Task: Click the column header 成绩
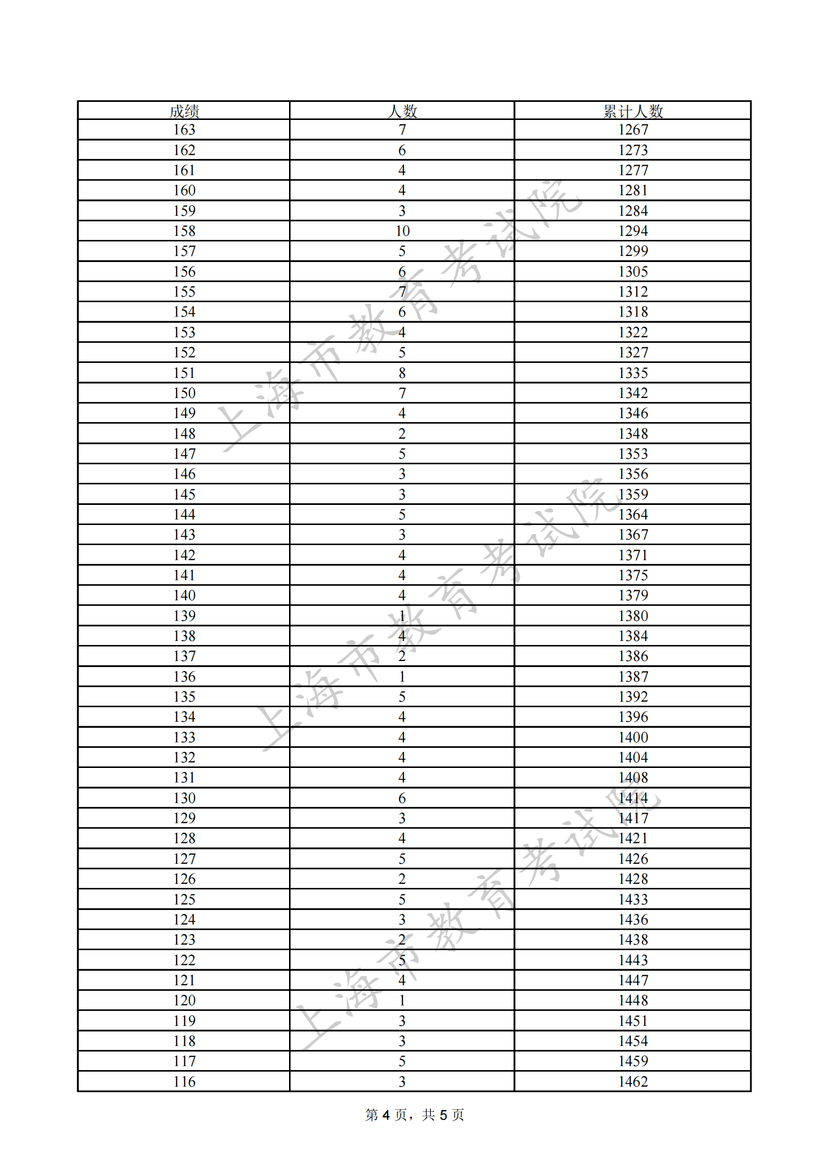[x=184, y=111]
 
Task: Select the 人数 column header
[x=403, y=111]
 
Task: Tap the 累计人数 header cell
[x=633, y=111]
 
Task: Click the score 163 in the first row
[x=184, y=130]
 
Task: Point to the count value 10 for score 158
[x=402, y=231]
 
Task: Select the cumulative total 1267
[x=633, y=130]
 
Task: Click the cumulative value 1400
[x=633, y=737]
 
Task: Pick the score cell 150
[x=184, y=393]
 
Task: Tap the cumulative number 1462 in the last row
[x=633, y=1082]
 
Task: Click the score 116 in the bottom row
[x=184, y=1082]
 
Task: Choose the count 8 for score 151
[x=402, y=373]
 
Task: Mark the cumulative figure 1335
[x=633, y=373]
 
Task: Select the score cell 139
[x=184, y=616]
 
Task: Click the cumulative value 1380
[x=633, y=616]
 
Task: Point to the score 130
[x=184, y=798]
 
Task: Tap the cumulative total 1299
[x=633, y=251]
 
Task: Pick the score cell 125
[x=184, y=899]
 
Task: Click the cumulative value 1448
[x=633, y=1001]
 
